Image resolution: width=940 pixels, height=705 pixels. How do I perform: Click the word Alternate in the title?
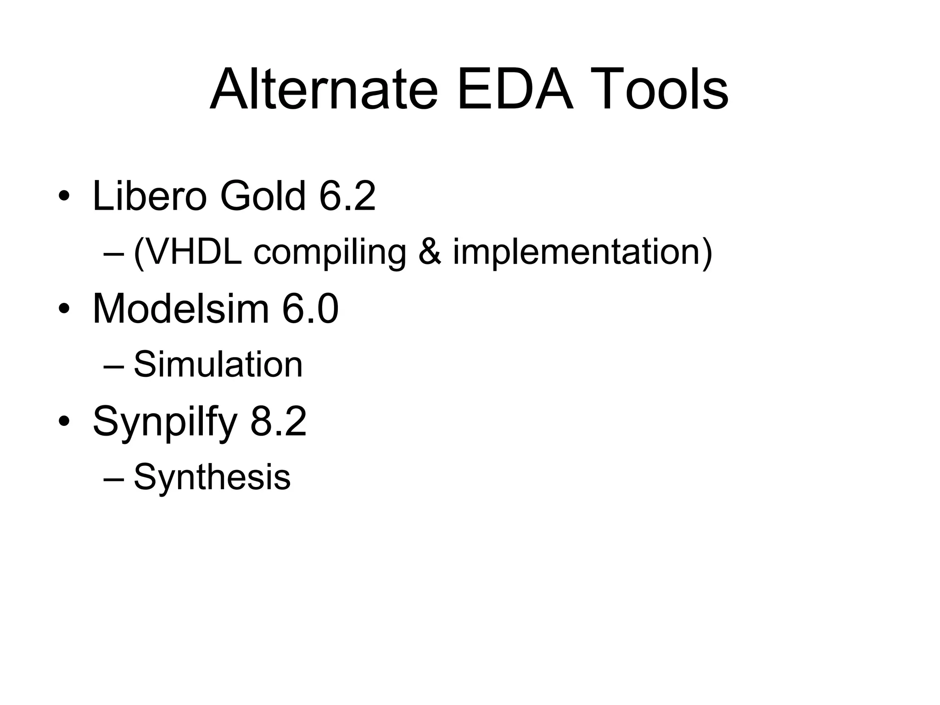coord(324,90)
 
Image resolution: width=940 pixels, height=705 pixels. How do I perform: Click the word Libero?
coord(150,196)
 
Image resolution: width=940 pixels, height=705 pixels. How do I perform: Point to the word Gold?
coord(263,196)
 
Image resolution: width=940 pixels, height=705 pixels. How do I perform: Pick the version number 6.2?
coord(347,196)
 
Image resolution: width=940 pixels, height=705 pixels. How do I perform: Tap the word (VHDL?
coord(187,252)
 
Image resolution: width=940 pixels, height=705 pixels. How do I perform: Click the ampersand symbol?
coord(430,252)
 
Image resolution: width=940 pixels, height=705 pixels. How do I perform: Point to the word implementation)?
coord(582,252)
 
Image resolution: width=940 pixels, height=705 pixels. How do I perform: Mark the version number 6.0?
coord(310,308)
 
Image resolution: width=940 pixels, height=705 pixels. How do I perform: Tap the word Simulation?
coord(218,364)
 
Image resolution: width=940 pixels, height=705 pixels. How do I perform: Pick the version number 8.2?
coord(279,421)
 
